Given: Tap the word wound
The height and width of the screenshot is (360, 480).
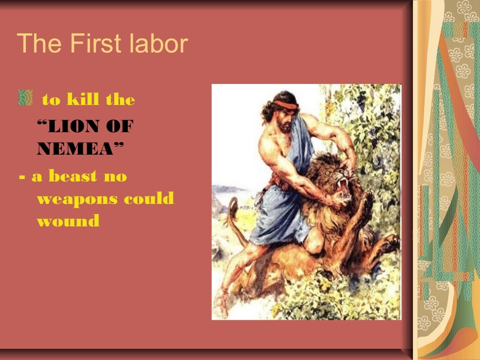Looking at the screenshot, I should [x=68, y=221].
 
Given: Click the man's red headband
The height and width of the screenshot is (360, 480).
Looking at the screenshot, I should [x=286, y=104].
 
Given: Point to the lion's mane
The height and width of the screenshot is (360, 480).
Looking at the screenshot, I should [x=319, y=206].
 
